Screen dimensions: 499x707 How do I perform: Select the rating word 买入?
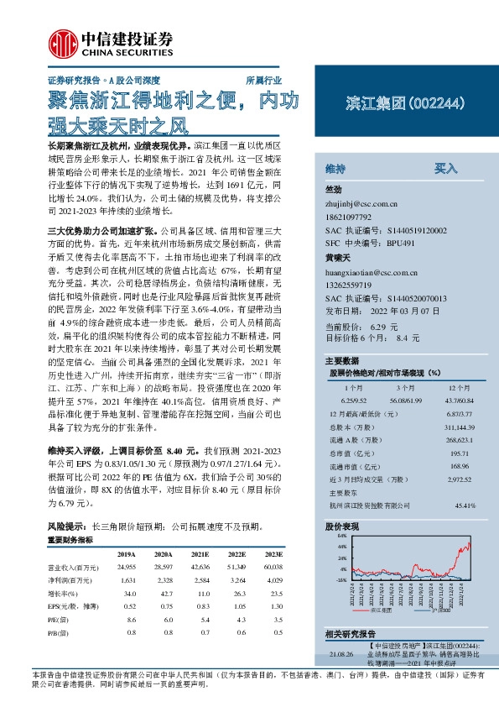click(444, 168)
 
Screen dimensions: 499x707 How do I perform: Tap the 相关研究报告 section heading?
click(350, 631)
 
